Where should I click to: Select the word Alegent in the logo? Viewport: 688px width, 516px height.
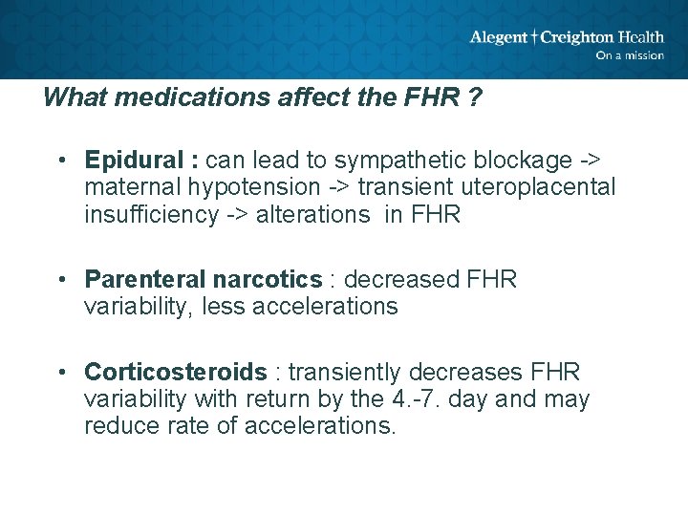click(x=499, y=37)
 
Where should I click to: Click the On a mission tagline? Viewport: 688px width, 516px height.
click(x=629, y=55)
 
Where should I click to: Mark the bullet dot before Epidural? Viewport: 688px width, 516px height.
click(x=60, y=160)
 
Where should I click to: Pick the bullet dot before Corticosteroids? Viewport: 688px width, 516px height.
click(x=60, y=373)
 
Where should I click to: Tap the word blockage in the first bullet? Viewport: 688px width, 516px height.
click(x=542, y=159)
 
